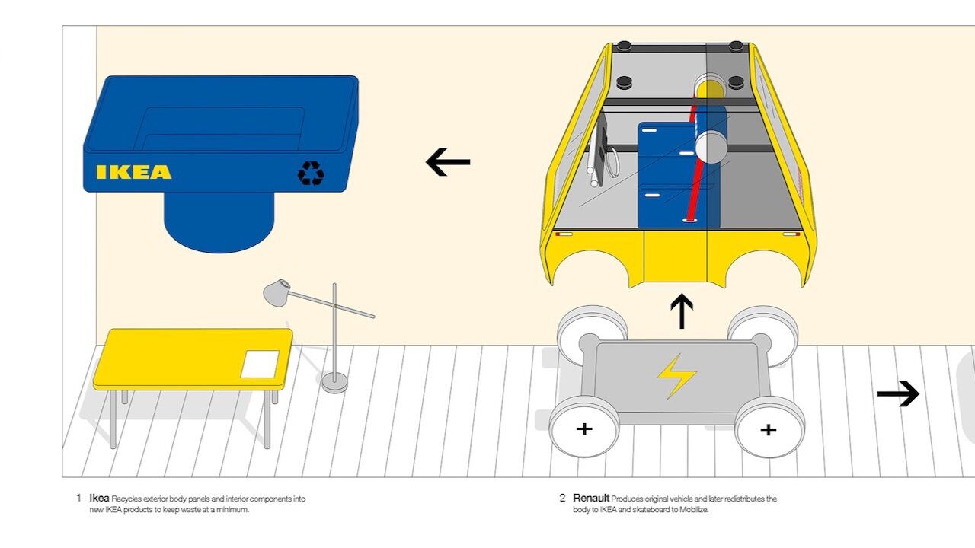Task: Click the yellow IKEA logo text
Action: click(x=133, y=172)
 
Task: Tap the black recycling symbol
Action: click(x=311, y=174)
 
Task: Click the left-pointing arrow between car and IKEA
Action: click(x=448, y=162)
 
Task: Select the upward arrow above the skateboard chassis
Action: click(x=681, y=311)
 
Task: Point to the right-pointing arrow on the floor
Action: click(x=898, y=393)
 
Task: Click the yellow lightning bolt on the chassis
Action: click(x=676, y=375)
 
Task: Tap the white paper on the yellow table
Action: click(x=260, y=364)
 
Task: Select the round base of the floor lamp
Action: click(x=334, y=381)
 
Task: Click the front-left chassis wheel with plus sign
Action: click(x=584, y=429)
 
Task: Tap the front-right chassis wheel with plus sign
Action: click(x=769, y=430)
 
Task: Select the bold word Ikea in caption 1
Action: click(x=99, y=499)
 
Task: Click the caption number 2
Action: click(x=563, y=499)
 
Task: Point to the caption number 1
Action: click(x=78, y=499)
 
